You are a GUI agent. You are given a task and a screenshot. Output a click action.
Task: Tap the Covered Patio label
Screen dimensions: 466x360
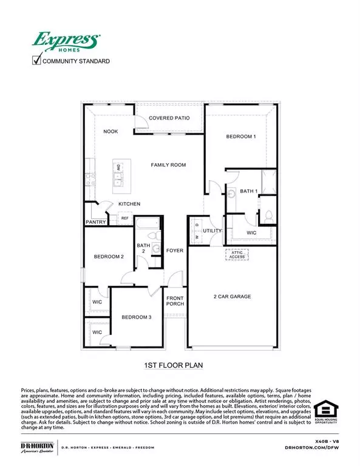[170, 118]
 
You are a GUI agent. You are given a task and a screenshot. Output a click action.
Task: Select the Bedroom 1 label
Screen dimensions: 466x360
[241, 137]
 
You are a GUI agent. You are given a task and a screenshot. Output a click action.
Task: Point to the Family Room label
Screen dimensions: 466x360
[168, 164]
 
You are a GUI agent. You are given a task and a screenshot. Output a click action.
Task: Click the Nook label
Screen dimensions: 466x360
[110, 132]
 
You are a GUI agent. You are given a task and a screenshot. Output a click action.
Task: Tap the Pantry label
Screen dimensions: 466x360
[97, 222]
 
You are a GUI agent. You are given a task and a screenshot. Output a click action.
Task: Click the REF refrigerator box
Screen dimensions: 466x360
[125, 218]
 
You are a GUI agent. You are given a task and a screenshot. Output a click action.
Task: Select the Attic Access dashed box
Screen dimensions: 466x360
[237, 255]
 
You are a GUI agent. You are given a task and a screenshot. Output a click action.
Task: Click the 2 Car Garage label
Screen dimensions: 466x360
[233, 297]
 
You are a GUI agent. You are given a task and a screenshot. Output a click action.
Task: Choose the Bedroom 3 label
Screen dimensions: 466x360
[135, 317]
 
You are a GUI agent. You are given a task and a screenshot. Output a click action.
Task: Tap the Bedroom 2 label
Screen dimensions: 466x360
[109, 257]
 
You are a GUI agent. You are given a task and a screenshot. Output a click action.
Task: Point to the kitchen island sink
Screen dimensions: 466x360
[119, 177]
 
